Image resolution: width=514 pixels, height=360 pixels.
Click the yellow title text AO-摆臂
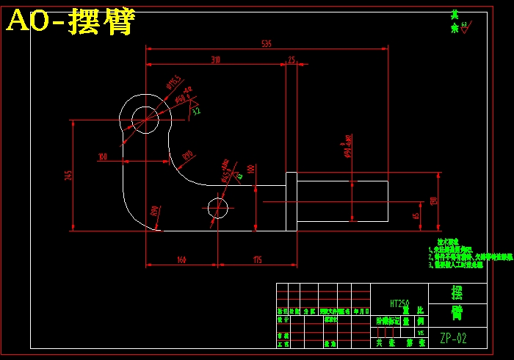[x=70, y=23]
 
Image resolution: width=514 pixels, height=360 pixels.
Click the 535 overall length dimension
[x=266, y=44]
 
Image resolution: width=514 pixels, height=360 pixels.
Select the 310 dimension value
[x=216, y=60]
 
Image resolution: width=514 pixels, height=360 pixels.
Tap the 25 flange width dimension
[x=292, y=60]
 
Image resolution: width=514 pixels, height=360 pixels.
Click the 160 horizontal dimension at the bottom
[x=181, y=259]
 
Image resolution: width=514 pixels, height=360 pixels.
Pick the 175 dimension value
[x=257, y=259]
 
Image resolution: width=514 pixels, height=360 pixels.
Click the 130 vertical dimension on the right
[x=433, y=200]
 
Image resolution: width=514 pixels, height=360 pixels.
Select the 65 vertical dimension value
[x=416, y=216]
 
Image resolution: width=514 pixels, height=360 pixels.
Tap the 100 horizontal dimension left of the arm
[x=103, y=156]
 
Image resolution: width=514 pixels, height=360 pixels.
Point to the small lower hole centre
[x=218, y=208]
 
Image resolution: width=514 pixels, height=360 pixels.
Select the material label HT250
[x=400, y=302]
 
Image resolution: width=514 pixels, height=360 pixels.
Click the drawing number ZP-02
[x=453, y=339]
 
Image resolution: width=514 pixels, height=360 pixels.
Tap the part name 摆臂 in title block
[x=457, y=303]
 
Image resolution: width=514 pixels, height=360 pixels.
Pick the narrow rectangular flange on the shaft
[x=291, y=201]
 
